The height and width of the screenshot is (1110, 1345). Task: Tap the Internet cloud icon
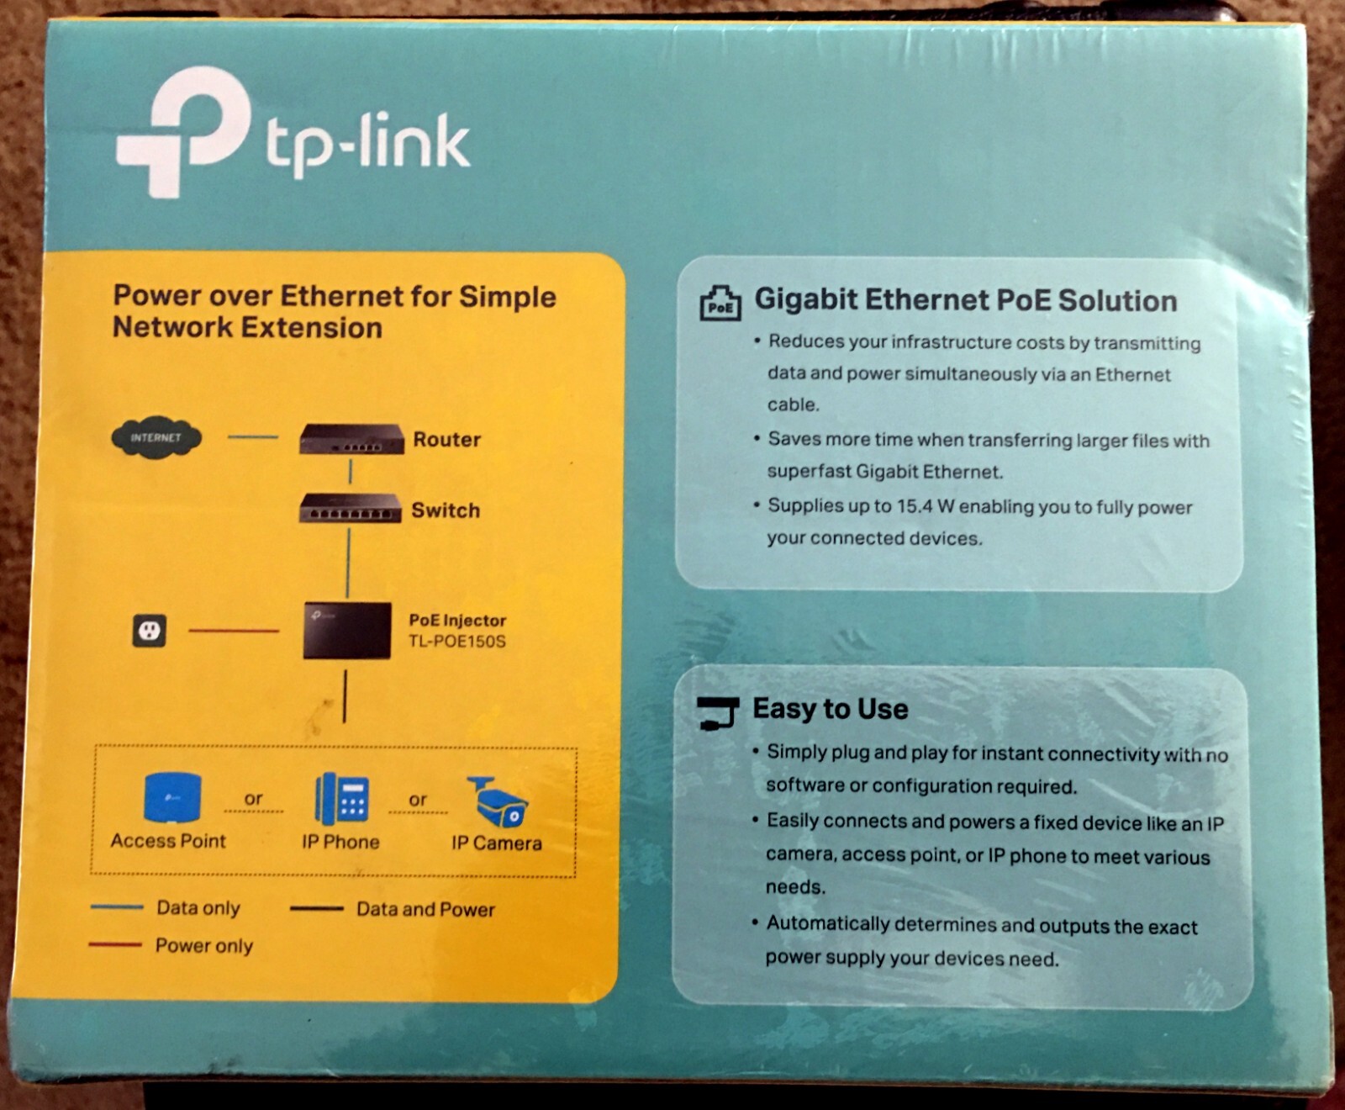pos(156,438)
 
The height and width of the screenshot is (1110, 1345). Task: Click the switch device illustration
pos(349,510)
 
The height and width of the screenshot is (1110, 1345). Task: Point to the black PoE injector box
pos(347,630)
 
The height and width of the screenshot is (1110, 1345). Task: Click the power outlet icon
pos(150,631)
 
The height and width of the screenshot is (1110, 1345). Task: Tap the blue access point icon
pos(172,797)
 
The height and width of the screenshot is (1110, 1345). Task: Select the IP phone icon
pos(342,799)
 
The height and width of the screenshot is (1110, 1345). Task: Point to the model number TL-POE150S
pos(457,642)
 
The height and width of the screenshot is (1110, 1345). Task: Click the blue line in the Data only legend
pos(116,907)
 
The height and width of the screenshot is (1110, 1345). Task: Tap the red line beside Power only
pos(115,945)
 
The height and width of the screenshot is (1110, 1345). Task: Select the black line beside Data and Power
pos(316,908)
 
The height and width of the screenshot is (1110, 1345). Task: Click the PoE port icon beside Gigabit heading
pos(720,304)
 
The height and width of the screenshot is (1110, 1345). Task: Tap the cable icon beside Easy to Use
pos(718,712)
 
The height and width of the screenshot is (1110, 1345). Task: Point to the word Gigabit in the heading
pos(805,299)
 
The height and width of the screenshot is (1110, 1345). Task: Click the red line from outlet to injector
pos(234,631)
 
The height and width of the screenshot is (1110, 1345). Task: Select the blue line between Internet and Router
pos(252,437)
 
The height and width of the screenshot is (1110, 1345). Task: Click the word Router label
pos(446,440)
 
